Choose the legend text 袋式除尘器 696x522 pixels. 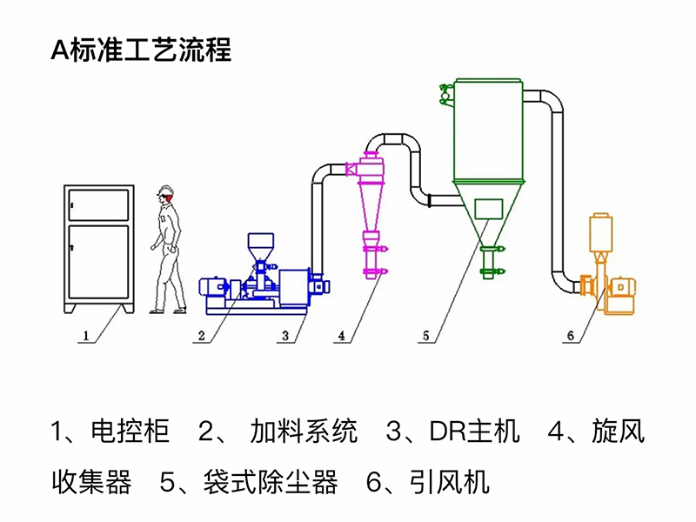pyautogui.click(x=271, y=481)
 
